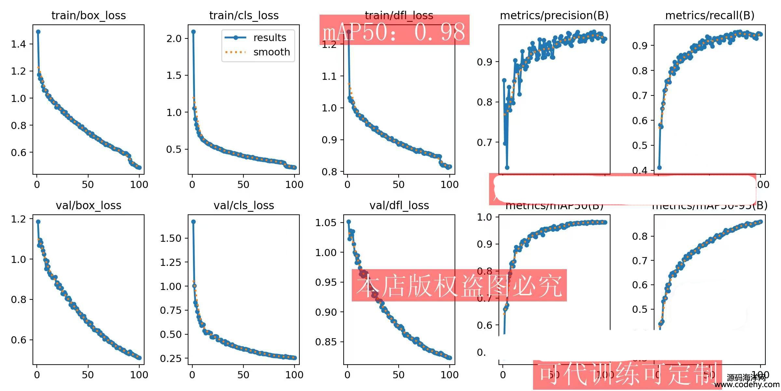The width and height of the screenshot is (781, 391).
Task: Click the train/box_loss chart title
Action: [89, 15]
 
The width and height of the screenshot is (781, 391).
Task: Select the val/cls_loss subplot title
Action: [244, 205]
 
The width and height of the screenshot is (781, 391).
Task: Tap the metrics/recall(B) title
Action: [710, 15]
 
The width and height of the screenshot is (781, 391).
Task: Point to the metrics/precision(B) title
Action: [554, 15]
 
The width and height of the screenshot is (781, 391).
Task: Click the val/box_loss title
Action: [89, 205]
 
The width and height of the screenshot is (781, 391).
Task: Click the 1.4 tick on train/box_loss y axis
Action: [18, 44]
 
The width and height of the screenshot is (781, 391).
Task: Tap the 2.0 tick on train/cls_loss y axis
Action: [174, 38]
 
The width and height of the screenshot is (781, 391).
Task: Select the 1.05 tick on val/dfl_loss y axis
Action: [326, 223]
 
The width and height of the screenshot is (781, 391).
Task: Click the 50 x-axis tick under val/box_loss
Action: [88, 375]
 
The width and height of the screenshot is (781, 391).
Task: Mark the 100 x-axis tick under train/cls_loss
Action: [294, 184]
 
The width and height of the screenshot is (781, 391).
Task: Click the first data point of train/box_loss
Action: [38, 32]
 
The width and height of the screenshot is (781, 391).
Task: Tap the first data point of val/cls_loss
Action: [193, 222]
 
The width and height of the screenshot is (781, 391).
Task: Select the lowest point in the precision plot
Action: [507, 167]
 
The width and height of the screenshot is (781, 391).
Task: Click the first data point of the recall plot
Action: [659, 167]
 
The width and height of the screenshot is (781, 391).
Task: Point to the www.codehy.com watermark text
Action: [747, 384]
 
